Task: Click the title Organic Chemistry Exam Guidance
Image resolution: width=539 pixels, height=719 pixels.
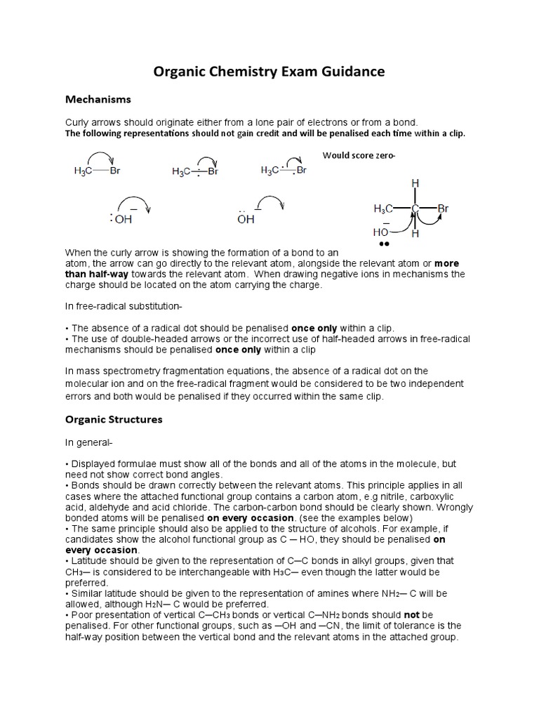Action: click(x=269, y=72)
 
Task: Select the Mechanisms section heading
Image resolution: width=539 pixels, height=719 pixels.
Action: click(x=98, y=100)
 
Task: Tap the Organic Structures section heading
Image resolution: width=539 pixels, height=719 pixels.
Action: click(x=114, y=419)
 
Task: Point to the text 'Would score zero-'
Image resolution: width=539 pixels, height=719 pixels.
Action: click(x=359, y=156)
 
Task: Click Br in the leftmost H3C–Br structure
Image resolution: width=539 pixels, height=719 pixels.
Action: click(x=114, y=170)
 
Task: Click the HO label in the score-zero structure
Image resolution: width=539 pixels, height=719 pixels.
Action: click(x=381, y=232)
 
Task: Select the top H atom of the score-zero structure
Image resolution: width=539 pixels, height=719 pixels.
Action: click(x=415, y=183)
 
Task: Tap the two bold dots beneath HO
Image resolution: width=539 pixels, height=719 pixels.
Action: click(x=383, y=244)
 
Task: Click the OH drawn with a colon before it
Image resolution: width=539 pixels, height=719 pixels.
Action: click(x=124, y=219)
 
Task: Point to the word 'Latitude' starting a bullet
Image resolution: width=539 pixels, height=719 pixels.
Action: click(x=88, y=560)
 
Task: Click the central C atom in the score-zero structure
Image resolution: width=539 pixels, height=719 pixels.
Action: click(x=415, y=209)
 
